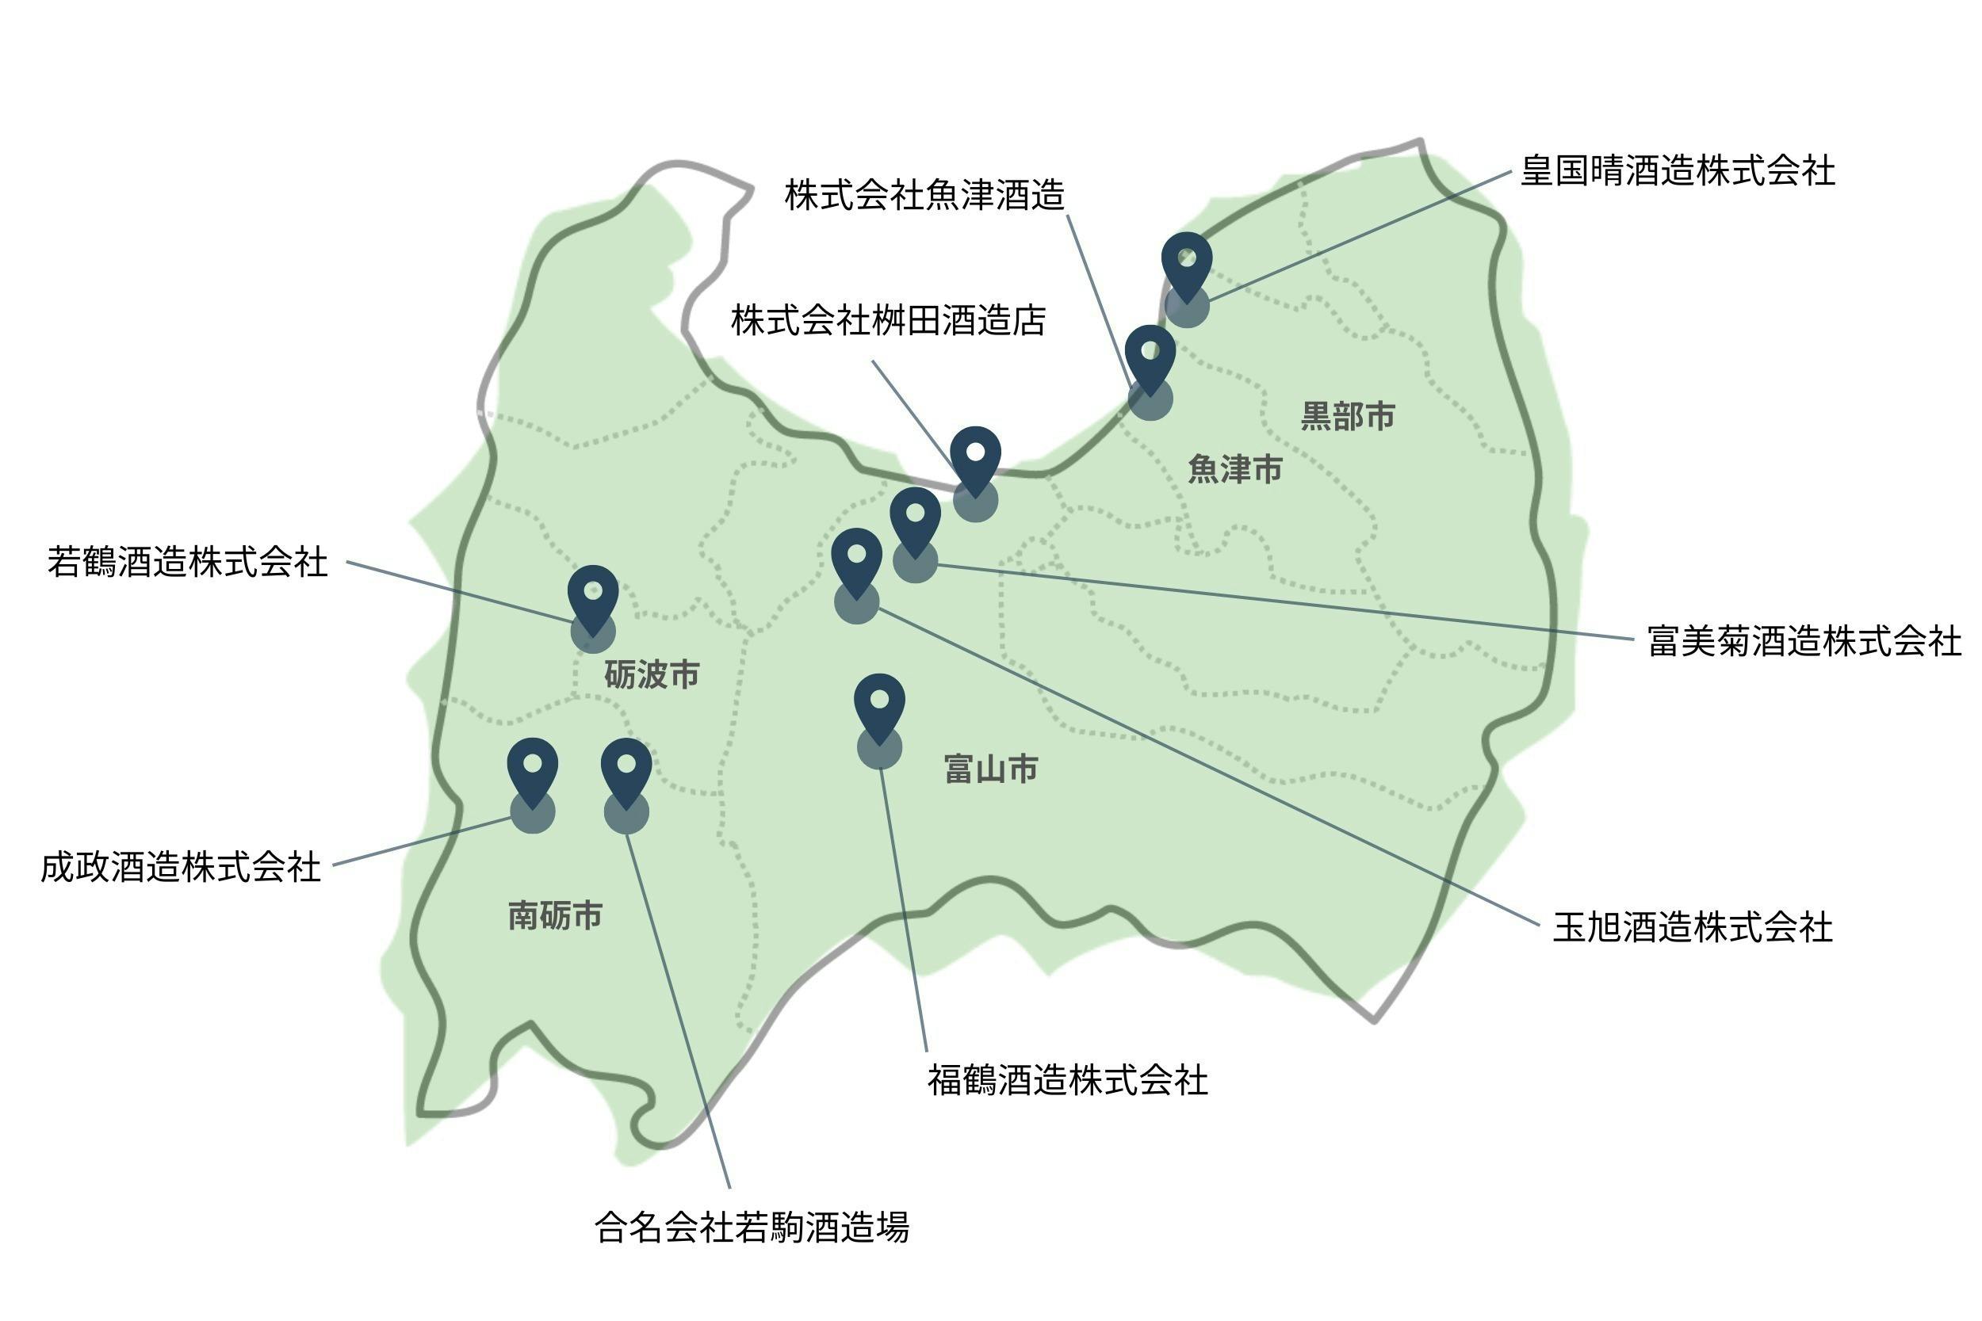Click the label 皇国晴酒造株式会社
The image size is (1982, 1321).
1677,171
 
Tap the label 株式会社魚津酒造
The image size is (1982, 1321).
924,196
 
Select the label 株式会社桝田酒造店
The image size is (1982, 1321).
888,321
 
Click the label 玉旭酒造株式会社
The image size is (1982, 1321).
1692,928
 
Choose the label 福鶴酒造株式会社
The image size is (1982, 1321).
1068,1080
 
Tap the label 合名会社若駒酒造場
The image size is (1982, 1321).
752,1227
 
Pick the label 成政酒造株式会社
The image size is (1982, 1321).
182,868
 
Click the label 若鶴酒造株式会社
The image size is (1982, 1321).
187,563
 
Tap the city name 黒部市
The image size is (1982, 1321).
1348,416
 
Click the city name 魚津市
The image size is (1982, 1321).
1234,469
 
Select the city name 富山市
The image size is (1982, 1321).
991,769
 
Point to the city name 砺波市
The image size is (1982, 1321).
652,675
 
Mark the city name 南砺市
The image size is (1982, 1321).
555,916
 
